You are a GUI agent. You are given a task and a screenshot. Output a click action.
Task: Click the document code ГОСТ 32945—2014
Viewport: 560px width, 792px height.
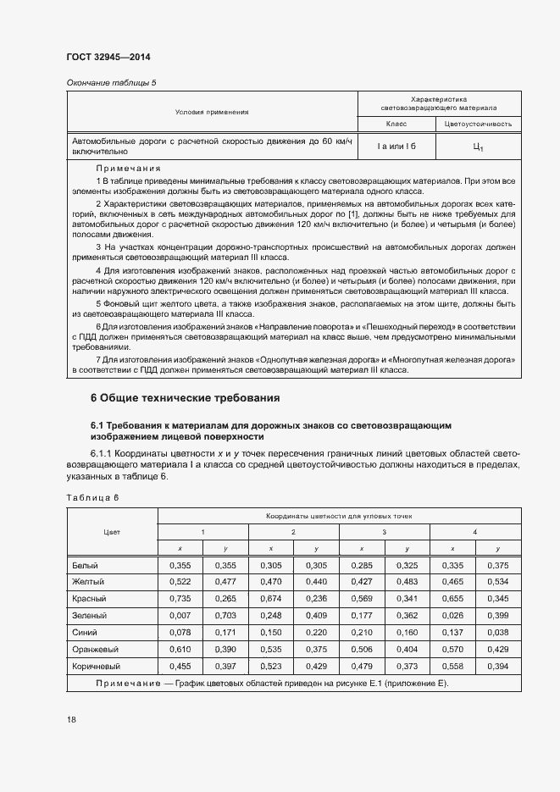(108, 58)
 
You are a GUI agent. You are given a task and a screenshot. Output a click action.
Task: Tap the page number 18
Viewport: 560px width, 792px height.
(71, 719)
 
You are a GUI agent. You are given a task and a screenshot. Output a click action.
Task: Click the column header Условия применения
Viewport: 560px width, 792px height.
(212, 112)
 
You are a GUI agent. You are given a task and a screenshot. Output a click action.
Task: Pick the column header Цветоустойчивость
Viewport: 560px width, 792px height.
(478, 124)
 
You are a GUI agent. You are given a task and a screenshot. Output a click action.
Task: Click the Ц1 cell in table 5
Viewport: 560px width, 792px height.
(478, 147)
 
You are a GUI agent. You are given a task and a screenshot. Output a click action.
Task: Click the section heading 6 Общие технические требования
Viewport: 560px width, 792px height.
(185, 397)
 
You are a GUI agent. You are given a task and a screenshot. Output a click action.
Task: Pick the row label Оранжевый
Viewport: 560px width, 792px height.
(95, 649)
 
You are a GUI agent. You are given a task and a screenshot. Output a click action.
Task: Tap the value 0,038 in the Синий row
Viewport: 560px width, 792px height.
(497, 632)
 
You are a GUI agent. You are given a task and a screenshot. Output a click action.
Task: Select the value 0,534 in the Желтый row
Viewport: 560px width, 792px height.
(497, 581)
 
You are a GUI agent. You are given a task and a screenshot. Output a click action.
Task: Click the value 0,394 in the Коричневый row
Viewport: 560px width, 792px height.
(497, 666)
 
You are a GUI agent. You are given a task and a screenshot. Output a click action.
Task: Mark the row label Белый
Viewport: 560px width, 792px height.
(86, 564)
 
